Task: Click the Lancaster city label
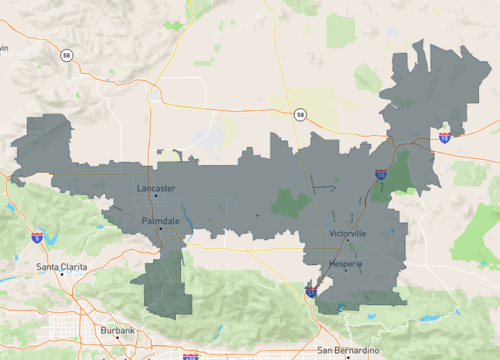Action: pyautogui.click(x=153, y=188)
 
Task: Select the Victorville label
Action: pyautogui.click(x=347, y=233)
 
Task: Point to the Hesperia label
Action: pyautogui.click(x=345, y=264)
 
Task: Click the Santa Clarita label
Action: pyautogui.click(x=61, y=267)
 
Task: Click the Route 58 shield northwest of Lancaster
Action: pyautogui.click(x=65, y=55)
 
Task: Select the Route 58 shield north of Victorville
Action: pyautogui.click(x=299, y=115)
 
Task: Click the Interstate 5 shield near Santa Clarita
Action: pyautogui.click(x=37, y=237)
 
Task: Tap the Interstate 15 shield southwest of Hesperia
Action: pyautogui.click(x=312, y=292)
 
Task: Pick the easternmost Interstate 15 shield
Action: pyautogui.click(x=444, y=137)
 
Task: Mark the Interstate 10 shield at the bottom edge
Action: pyautogui.click(x=190, y=355)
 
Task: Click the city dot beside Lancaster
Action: pyautogui.click(x=156, y=196)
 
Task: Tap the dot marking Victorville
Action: pyautogui.click(x=348, y=241)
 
